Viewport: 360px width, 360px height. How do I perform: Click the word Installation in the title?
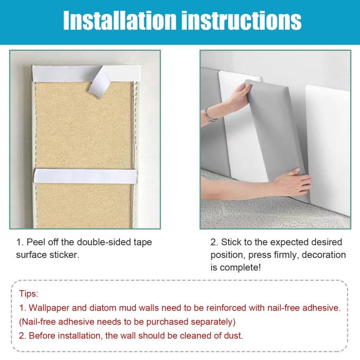(120, 20)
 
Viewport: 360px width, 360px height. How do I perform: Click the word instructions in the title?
(241, 20)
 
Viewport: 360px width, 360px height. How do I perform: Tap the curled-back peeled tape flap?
(99, 81)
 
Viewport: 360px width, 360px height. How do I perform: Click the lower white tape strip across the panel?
(85, 176)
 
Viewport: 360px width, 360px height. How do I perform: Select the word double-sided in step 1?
(104, 242)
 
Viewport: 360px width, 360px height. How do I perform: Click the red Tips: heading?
(29, 294)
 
